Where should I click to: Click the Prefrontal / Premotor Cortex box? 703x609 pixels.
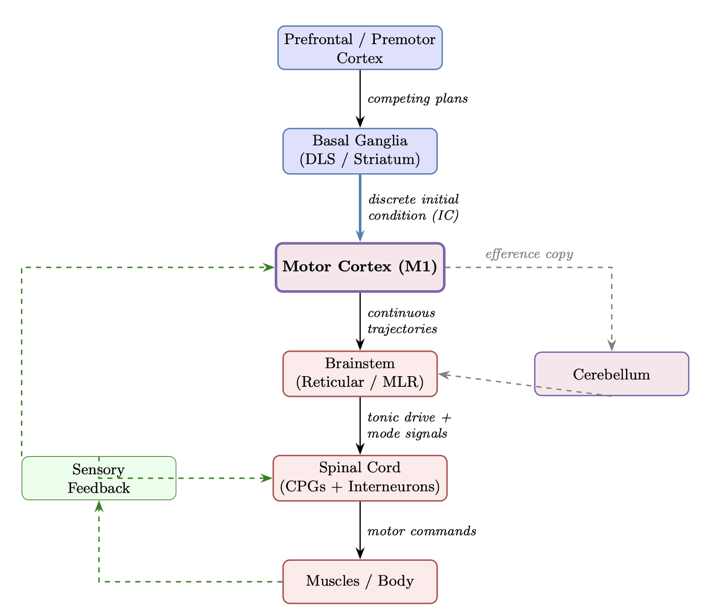(360, 47)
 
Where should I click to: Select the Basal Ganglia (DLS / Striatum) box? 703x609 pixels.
(360, 151)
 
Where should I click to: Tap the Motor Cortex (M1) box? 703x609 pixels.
(360, 267)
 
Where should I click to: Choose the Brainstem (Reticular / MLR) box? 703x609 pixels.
(360, 373)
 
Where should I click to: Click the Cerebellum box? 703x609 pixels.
(612, 374)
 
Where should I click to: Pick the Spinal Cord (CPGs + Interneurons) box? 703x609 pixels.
(360, 478)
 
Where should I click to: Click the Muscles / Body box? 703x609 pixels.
(360, 582)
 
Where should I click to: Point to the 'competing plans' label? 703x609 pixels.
(417, 99)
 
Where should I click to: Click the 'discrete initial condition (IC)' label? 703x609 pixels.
(413, 207)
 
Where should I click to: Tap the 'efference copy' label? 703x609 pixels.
(529, 254)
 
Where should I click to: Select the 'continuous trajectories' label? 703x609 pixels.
(402, 321)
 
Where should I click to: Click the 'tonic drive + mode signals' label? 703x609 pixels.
(409, 425)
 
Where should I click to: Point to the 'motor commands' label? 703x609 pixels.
(421, 532)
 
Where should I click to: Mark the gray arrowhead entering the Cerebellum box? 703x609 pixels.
(612, 346)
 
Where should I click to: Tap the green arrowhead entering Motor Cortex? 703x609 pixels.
(269, 267)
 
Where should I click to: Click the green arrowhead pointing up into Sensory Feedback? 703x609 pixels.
(99, 506)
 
